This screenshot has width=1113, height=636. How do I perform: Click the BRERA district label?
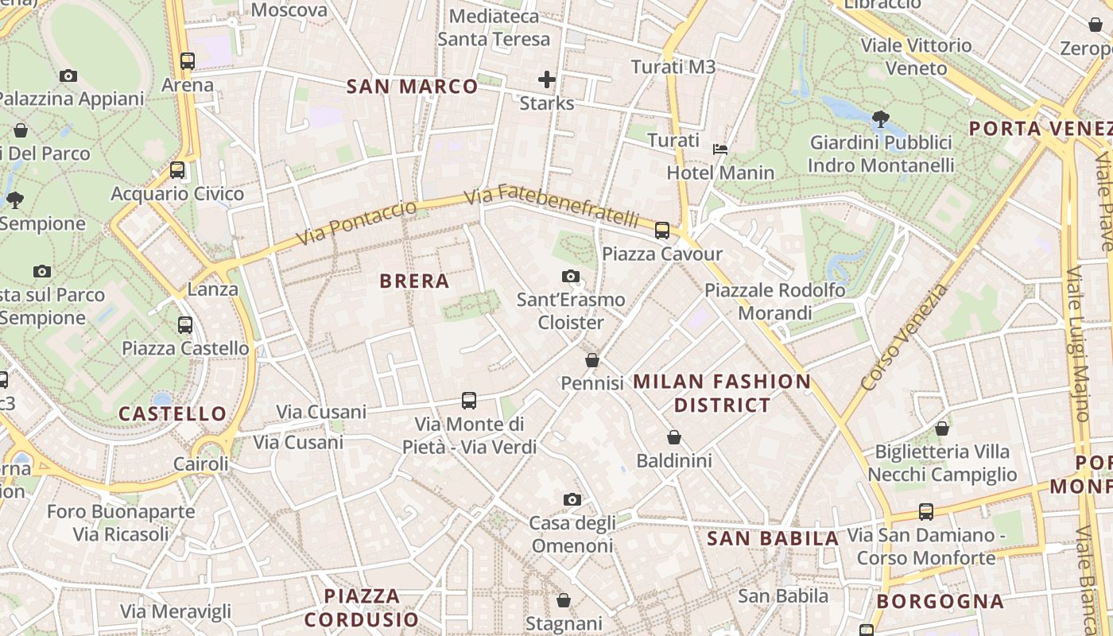pyautogui.click(x=414, y=281)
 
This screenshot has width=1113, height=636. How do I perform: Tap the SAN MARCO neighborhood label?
pyautogui.click(x=413, y=87)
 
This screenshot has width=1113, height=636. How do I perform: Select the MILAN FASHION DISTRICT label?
pyautogui.click(x=722, y=393)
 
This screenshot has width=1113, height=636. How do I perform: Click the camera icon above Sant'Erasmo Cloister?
pyautogui.click(x=570, y=276)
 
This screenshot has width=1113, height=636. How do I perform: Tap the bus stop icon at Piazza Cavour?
pyautogui.click(x=661, y=231)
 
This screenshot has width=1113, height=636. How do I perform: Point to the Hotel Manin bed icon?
pyautogui.click(x=719, y=149)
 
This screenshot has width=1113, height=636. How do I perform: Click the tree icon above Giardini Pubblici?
pyautogui.click(x=880, y=119)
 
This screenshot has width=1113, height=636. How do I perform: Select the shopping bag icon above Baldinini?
pyautogui.click(x=673, y=437)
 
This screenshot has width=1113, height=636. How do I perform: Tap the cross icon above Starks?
pyautogui.click(x=546, y=79)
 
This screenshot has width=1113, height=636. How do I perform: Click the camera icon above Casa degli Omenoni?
pyautogui.click(x=572, y=499)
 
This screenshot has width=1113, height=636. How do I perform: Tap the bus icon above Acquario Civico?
pyautogui.click(x=177, y=169)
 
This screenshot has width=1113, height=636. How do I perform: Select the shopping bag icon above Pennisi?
pyautogui.click(x=591, y=360)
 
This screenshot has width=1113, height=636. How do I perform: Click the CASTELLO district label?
pyautogui.click(x=173, y=413)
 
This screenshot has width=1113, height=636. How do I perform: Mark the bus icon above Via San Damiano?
pyautogui.click(x=925, y=511)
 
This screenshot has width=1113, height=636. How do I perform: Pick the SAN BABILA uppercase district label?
pyautogui.click(x=773, y=538)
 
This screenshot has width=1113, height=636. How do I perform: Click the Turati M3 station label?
pyautogui.click(x=673, y=67)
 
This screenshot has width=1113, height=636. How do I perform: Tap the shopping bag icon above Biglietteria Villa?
pyautogui.click(x=941, y=429)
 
